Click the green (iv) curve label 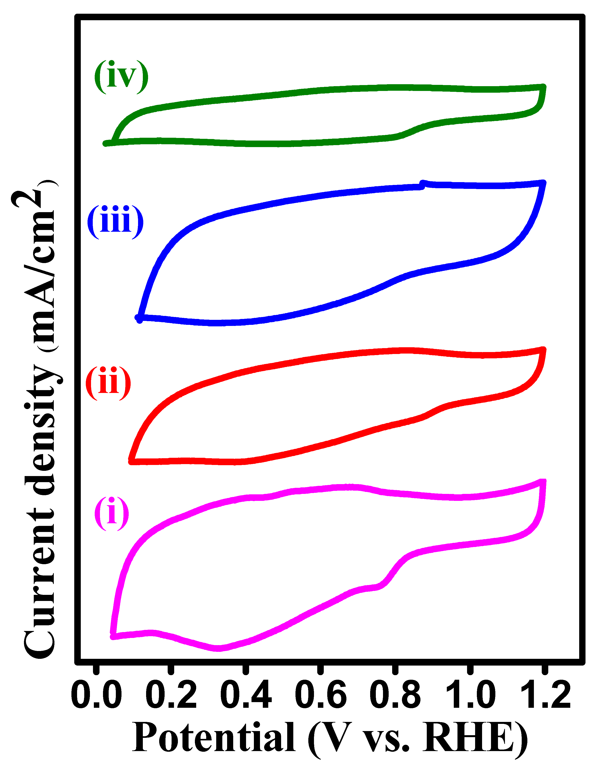121,77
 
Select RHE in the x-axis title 469,738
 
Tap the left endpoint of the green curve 105,144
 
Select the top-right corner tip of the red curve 544,350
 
